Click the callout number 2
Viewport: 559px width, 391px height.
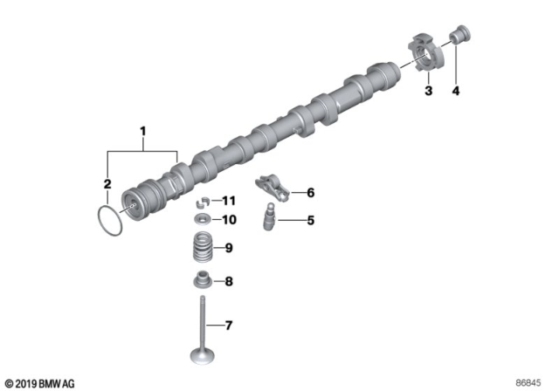pyautogui.click(x=107, y=184)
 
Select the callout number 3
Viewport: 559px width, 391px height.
pyautogui.click(x=429, y=91)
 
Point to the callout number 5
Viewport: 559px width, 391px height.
pyautogui.click(x=309, y=220)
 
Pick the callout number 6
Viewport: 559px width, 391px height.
pyautogui.click(x=309, y=192)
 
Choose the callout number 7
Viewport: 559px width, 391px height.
pyautogui.click(x=229, y=326)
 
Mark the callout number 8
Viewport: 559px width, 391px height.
pyautogui.click(x=229, y=281)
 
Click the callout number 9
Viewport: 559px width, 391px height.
pyautogui.click(x=229, y=249)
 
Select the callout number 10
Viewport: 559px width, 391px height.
pyautogui.click(x=230, y=218)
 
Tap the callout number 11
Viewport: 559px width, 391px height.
pyautogui.click(x=230, y=201)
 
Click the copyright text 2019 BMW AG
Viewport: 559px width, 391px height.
pyautogui.click(x=41, y=383)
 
